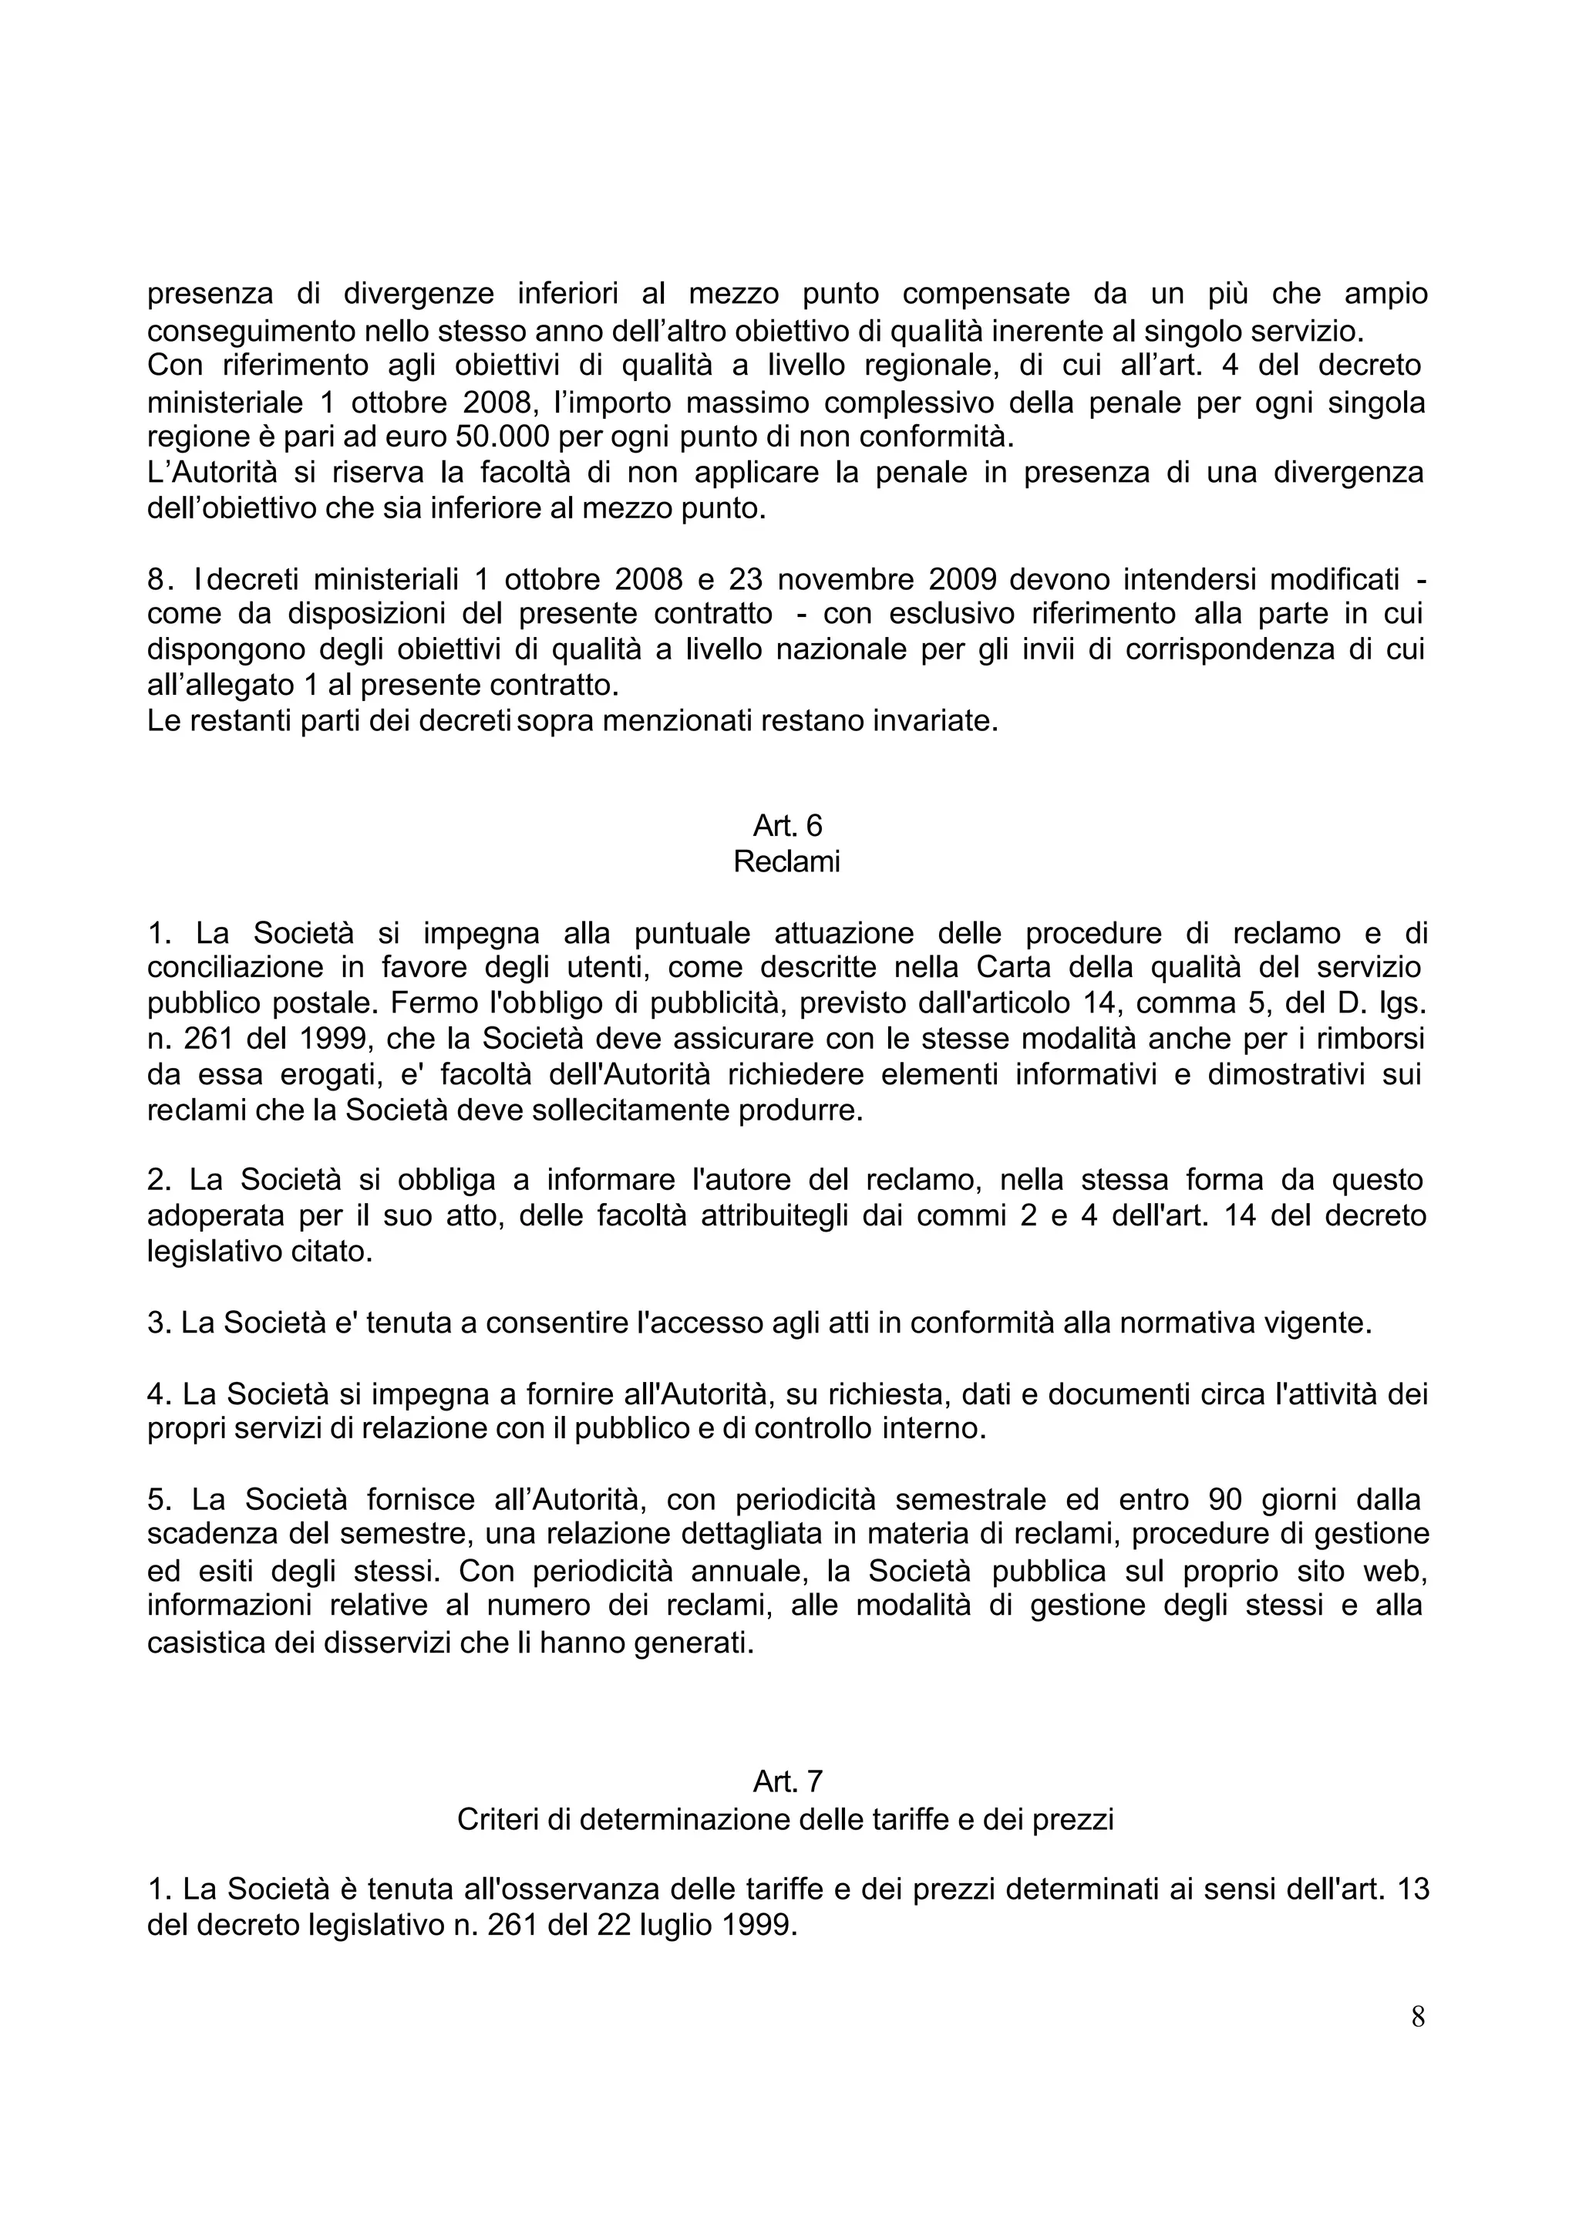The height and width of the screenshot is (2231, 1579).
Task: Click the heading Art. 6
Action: (x=786, y=826)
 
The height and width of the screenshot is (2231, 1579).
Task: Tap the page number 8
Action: (x=1418, y=2018)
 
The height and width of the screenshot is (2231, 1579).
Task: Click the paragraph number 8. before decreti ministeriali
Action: (x=160, y=580)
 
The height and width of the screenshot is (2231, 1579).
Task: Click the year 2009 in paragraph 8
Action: (x=964, y=580)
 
